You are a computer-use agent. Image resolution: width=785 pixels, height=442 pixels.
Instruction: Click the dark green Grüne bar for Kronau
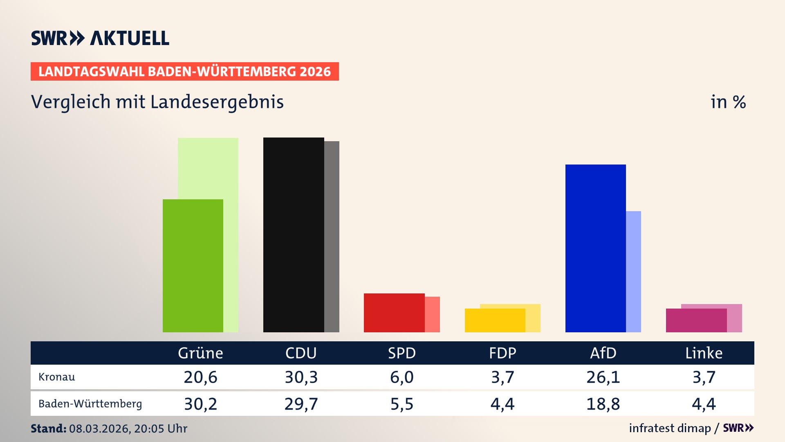click(x=193, y=266)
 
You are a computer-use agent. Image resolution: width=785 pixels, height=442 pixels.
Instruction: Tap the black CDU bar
click(x=294, y=235)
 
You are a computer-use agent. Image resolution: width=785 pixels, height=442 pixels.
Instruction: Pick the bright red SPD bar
click(x=394, y=313)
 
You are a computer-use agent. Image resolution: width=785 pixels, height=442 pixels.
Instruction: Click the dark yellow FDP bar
click(x=495, y=320)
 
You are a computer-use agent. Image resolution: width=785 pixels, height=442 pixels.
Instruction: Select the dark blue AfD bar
click(x=595, y=248)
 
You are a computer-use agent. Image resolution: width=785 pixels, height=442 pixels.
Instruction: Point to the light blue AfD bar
click(x=633, y=272)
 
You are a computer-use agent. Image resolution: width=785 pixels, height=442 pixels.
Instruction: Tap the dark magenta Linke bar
click(x=696, y=320)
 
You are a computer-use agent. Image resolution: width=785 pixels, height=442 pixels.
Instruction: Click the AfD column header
click(x=603, y=353)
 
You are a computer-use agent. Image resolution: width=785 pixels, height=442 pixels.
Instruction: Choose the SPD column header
click(x=401, y=353)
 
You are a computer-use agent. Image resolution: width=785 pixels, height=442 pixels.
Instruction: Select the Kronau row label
click(x=57, y=377)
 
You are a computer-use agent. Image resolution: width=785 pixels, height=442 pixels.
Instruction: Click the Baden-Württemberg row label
click(x=90, y=404)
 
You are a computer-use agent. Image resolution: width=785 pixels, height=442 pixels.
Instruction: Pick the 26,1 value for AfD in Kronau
click(x=603, y=377)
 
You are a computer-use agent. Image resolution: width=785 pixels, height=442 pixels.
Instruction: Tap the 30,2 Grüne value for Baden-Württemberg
click(x=200, y=404)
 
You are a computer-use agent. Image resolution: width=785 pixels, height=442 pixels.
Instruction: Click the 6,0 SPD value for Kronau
click(x=401, y=377)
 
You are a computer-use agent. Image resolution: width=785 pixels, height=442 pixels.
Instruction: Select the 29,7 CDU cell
click(x=301, y=404)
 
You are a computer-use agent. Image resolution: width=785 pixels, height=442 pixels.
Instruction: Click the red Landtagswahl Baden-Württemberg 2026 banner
click(x=184, y=72)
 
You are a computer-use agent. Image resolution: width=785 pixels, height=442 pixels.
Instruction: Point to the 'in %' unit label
click(x=728, y=102)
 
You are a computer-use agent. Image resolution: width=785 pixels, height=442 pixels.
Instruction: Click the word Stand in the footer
click(x=48, y=428)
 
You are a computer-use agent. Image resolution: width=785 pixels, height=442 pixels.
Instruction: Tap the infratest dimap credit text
click(x=670, y=428)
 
